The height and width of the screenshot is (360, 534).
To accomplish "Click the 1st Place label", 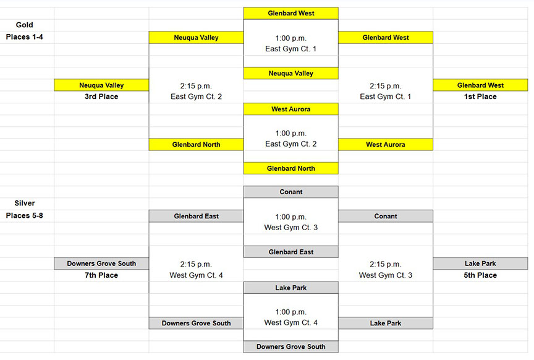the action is pyautogui.click(x=480, y=96).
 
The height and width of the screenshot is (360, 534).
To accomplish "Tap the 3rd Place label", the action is pyautogui.click(x=101, y=96).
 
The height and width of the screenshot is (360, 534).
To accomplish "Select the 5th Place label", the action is pyautogui.click(x=480, y=275).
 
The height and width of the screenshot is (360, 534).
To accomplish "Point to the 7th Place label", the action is pyautogui.click(x=101, y=275).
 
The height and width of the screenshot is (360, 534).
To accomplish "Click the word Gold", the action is pyautogui.click(x=25, y=25).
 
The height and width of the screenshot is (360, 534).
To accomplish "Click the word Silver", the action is pyautogui.click(x=25, y=203).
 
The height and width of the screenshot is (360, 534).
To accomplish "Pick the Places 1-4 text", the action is pyautogui.click(x=25, y=37).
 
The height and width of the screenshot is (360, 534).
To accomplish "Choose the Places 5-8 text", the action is pyautogui.click(x=25, y=215).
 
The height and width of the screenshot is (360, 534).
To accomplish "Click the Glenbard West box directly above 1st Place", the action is pyautogui.click(x=480, y=85).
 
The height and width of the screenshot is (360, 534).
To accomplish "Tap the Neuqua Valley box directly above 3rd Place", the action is pyautogui.click(x=101, y=85).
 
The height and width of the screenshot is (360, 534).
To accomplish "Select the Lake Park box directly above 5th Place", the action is pyautogui.click(x=480, y=264).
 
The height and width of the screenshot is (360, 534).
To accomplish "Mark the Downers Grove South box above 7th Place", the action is pyautogui.click(x=101, y=264).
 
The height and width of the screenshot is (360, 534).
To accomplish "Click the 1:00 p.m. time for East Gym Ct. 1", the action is pyautogui.click(x=291, y=38).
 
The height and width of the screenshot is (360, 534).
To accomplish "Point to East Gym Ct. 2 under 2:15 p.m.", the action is pyautogui.click(x=196, y=96).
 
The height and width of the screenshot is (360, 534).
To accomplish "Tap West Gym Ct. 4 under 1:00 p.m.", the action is pyautogui.click(x=291, y=322).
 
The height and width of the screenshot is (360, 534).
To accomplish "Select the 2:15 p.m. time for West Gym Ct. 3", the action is pyautogui.click(x=386, y=264).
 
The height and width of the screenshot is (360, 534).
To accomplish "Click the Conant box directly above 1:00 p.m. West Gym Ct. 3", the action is pyautogui.click(x=291, y=192).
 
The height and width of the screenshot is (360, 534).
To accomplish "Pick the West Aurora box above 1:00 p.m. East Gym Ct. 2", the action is pyautogui.click(x=291, y=109).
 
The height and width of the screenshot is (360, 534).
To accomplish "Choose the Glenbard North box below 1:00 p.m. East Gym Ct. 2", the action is pyautogui.click(x=291, y=168).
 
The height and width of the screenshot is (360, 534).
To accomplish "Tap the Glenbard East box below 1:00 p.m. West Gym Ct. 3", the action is pyautogui.click(x=291, y=252).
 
